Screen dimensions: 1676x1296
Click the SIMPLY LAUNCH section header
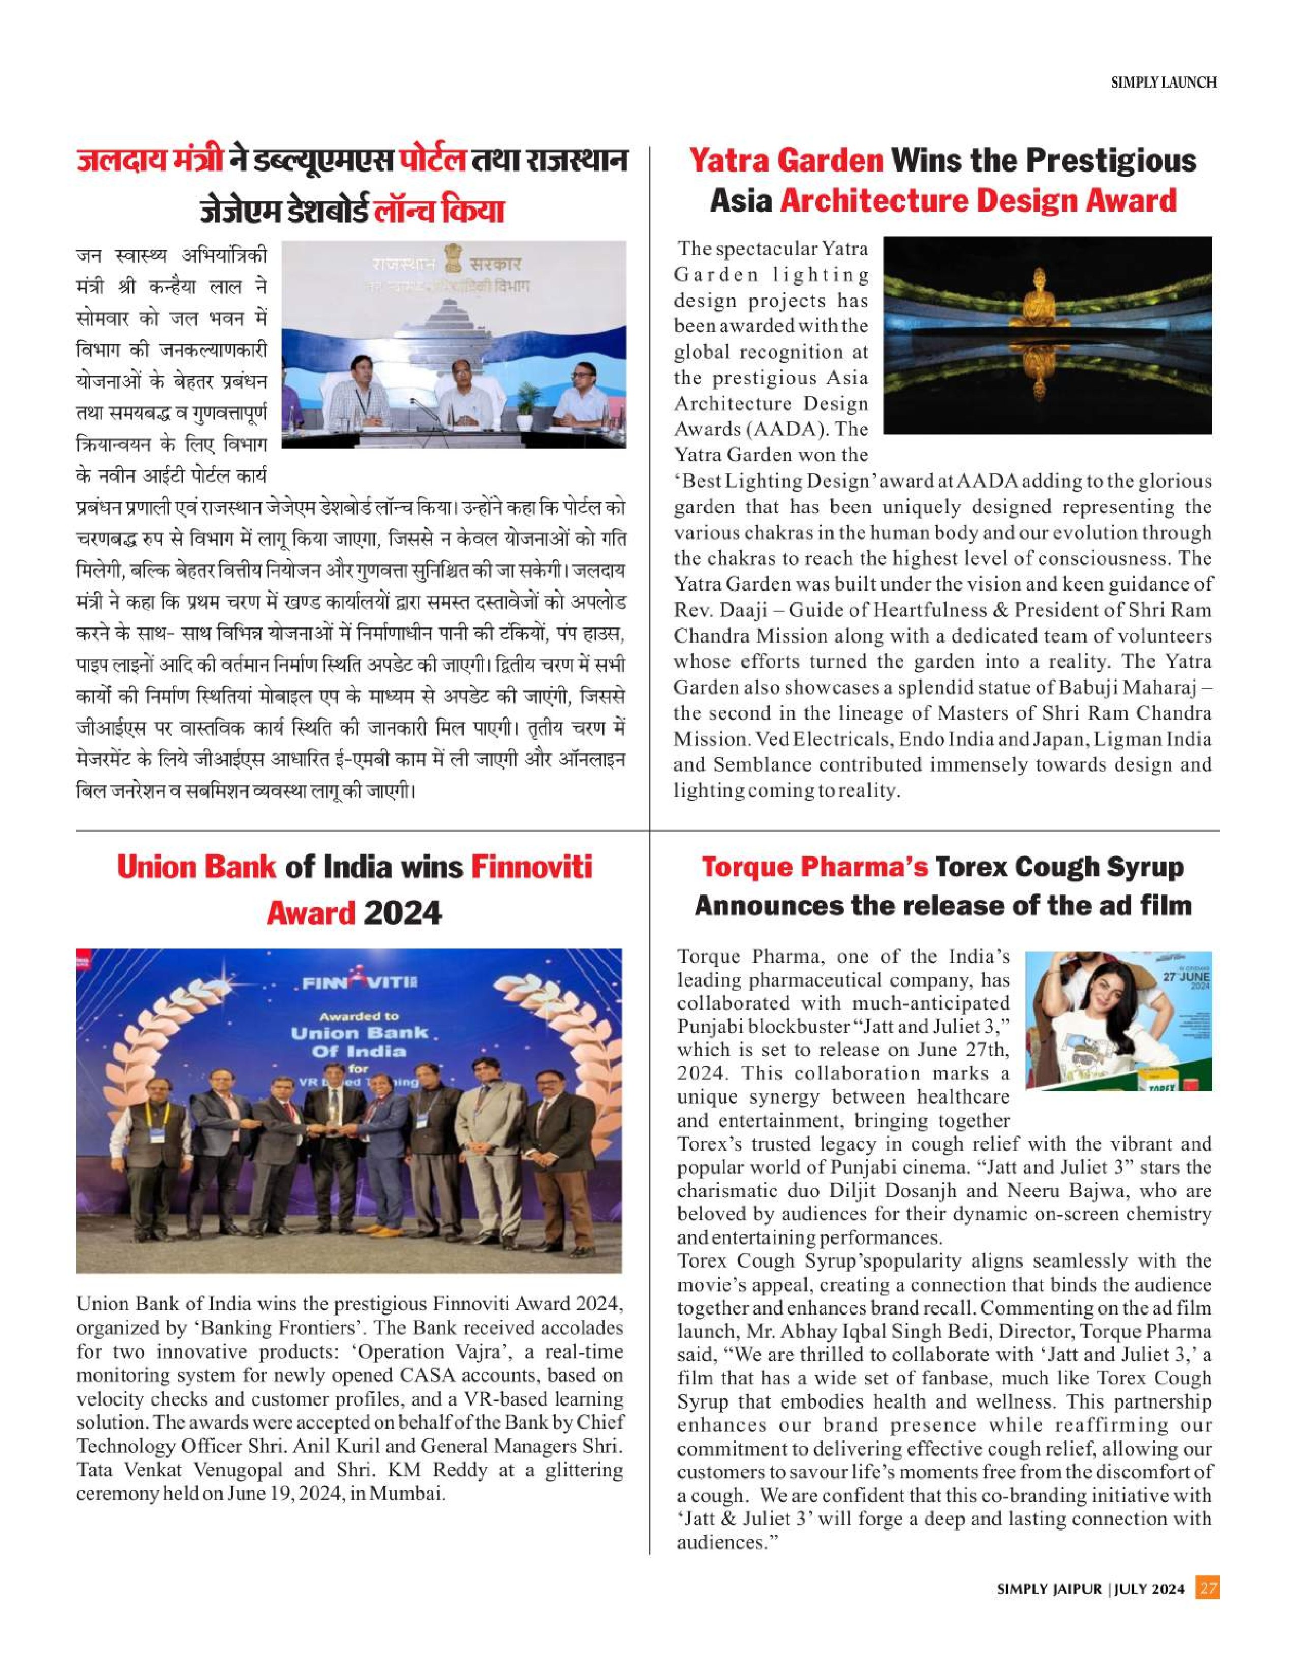(1163, 83)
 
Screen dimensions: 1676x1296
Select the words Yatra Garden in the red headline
(786, 161)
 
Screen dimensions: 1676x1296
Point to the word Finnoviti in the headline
(531, 867)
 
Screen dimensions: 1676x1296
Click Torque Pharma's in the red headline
(815, 867)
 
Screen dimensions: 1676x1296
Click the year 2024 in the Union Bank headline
(403, 913)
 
